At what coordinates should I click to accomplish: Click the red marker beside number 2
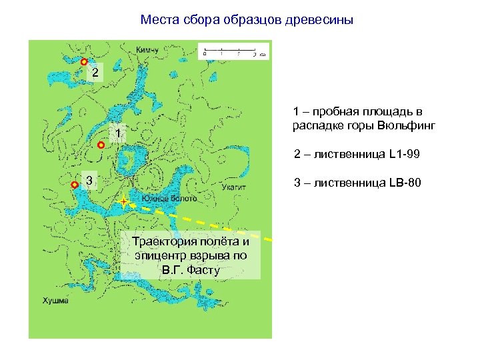(84, 62)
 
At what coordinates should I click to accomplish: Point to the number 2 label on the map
(96, 72)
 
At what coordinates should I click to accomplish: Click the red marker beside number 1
(101, 144)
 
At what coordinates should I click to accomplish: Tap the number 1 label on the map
(117, 134)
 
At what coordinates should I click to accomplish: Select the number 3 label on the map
(89, 180)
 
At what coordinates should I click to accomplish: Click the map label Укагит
(234, 188)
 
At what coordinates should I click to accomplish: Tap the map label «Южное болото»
(169, 199)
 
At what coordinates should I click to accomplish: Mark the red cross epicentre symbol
(124, 201)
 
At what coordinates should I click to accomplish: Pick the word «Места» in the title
(157, 20)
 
